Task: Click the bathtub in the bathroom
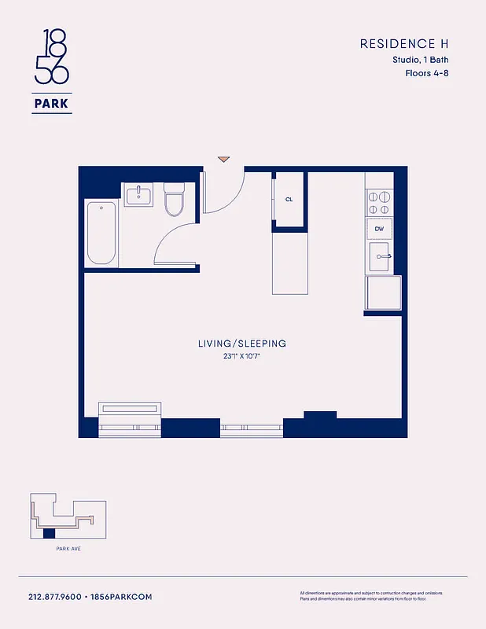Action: pos(101,234)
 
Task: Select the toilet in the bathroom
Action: pos(173,201)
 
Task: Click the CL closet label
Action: pos(289,200)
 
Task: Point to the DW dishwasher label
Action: pos(380,229)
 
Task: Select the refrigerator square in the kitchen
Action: pos(383,292)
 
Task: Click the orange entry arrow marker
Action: pos(224,159)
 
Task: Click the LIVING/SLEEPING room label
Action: pos(241,344)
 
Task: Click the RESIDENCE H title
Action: pos(404,44)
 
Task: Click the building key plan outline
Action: pos(67,518)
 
